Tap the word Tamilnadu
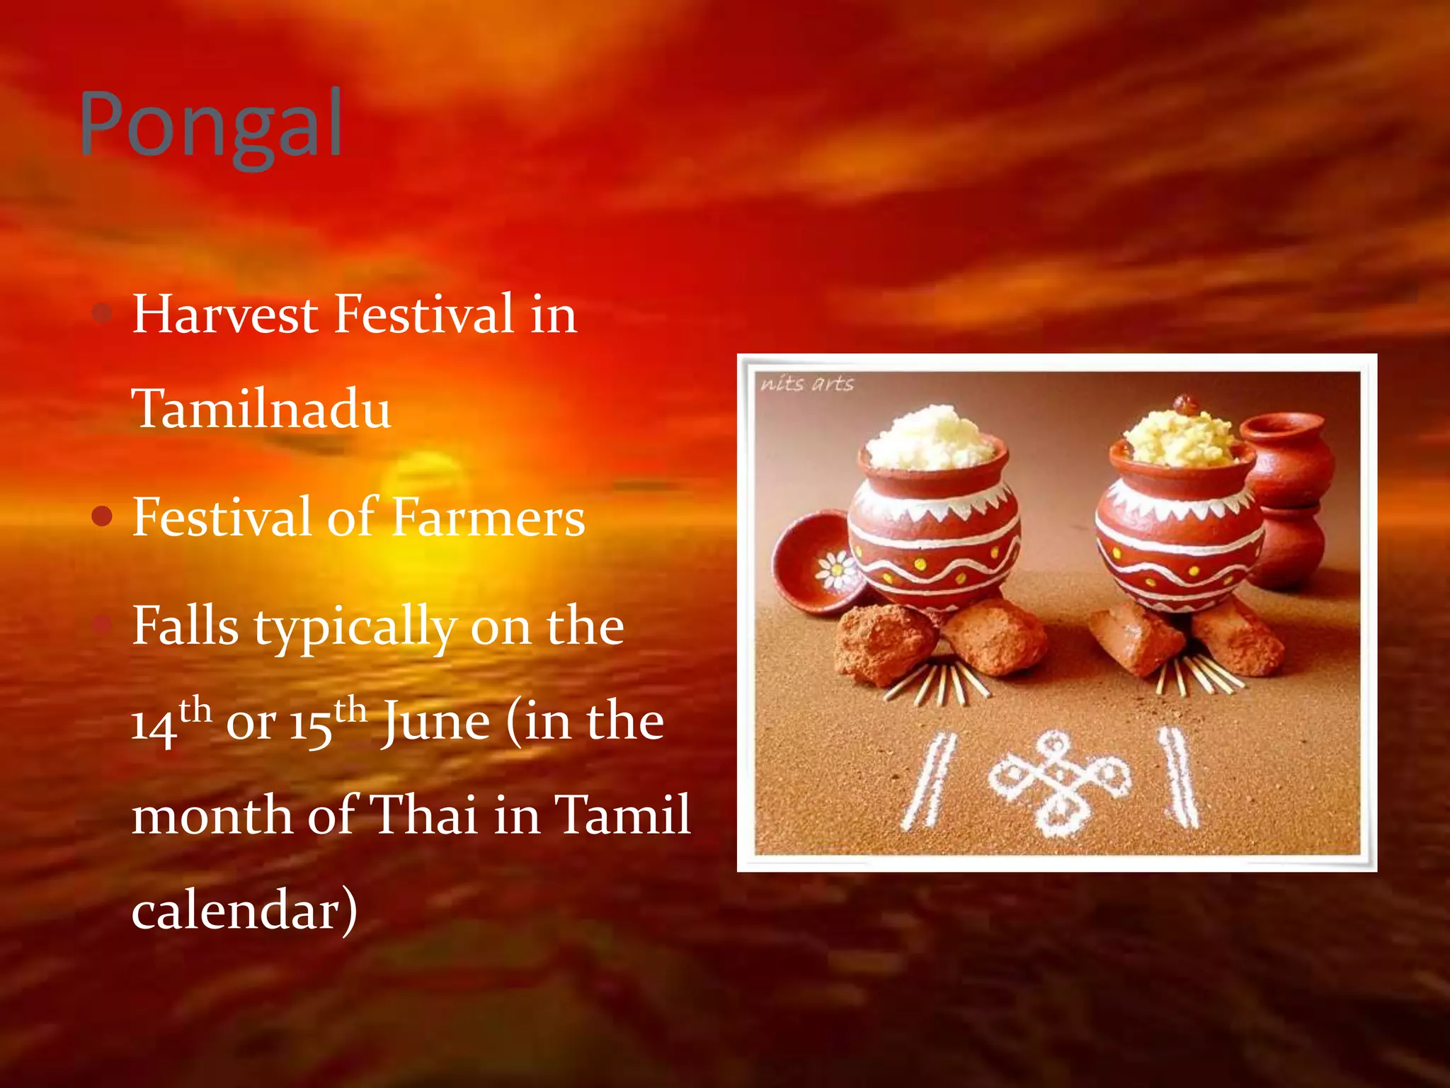(261, 409)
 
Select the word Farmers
(488, 517)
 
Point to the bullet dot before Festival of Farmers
(103, 517)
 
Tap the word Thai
(423, 815)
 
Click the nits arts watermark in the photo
(807, 384)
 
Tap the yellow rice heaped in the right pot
(1179, 433)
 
